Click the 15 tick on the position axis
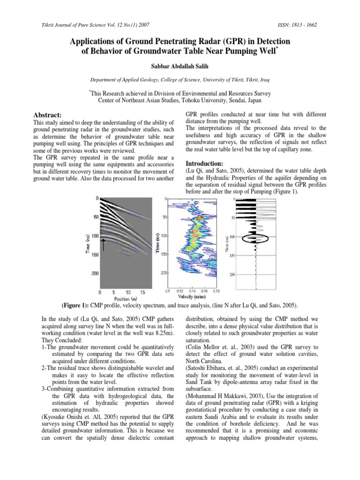click(x=142, y=291)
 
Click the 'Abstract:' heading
click(x=49, y=114)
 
